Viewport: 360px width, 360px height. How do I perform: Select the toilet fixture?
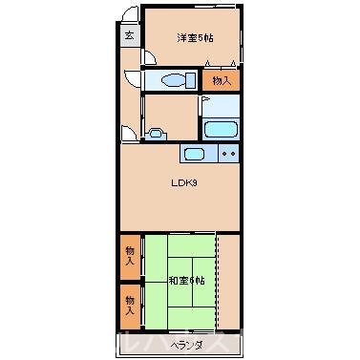[173, 80]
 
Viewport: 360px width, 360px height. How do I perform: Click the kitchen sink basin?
[195, 154]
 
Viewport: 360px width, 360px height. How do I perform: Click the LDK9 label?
[183, 183]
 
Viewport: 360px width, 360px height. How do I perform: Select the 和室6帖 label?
[186, 280]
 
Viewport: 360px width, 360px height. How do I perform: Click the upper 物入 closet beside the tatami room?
[130, 256]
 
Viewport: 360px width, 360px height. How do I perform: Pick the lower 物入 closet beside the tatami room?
[130, 305]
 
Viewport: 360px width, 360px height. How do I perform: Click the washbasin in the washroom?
[154, 134]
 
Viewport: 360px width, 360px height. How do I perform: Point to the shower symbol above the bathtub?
[206, 101]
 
